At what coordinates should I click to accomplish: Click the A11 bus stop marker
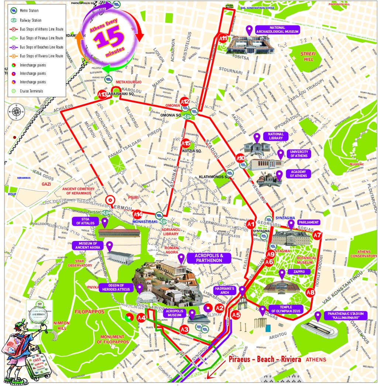[x=223, y=38]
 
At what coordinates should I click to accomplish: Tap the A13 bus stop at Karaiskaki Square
[x=102, y=95]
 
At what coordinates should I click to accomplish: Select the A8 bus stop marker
[x=310, y=293]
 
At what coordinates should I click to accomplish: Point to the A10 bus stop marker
[x=240, y=159]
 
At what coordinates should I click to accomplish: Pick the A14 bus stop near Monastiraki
[x=138, y=214]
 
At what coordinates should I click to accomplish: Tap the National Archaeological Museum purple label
[x=278, y=30]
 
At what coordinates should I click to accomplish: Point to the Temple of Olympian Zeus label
[x=286, y=309]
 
